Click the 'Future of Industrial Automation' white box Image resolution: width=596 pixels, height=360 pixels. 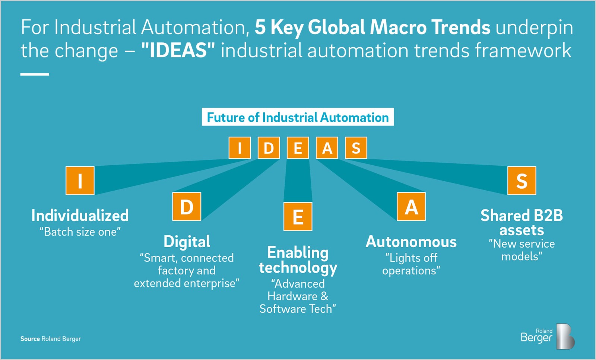point(298,117)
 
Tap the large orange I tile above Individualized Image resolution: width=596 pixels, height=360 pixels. point(80,181)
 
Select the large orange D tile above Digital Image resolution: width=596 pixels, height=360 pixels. point(187,207)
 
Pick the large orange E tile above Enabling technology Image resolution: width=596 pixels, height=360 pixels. point(298,216)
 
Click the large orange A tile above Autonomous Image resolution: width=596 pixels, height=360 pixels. point(411,207)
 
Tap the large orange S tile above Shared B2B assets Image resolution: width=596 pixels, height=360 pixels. point(522,181)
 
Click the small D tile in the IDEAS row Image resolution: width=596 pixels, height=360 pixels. point(269,148)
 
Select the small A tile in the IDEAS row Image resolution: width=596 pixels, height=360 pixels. point(327,148)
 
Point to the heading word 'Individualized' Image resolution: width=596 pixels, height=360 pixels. point(80,215)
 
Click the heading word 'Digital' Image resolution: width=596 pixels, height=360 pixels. point(187,242)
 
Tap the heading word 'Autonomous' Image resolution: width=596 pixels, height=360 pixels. point(411,242)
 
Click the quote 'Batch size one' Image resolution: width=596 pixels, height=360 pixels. point(80,232)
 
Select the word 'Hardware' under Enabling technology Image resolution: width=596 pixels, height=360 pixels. point(292,296)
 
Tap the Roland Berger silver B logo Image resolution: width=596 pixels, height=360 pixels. point(565,336)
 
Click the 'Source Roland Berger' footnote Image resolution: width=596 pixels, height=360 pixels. point(51,339)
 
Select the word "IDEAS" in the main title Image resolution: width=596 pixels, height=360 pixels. point(178,50)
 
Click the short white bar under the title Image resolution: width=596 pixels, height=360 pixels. point(35,74)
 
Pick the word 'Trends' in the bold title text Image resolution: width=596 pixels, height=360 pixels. point(461,27)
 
